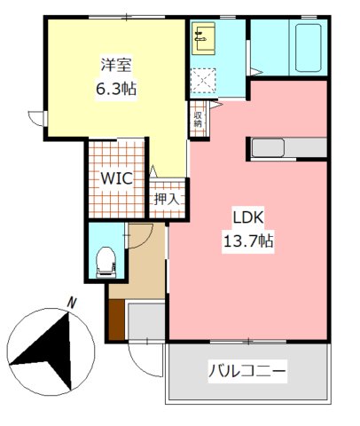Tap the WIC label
[x=116, y=177]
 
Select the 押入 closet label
[x=168, y=200]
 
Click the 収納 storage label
[x=199, y=118]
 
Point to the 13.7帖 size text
[x=249, y=240]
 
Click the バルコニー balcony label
[x=248, y=372]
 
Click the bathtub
[x=308, y=50]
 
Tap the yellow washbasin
[x=201, y=36]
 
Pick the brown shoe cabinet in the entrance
[x=116, y=319]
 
